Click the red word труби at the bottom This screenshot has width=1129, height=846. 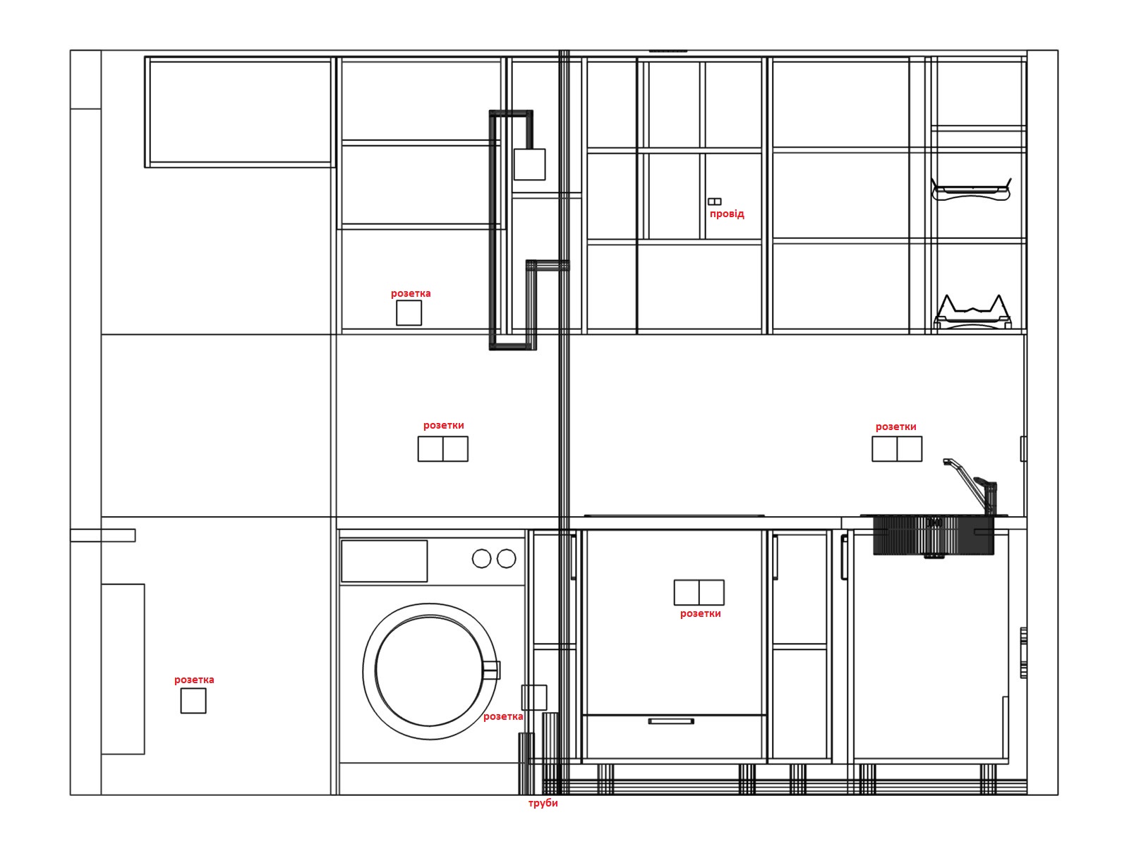[x=543, y=804]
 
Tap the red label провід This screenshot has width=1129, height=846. [x=726, y=214]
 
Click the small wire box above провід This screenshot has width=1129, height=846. [x=714, y=202]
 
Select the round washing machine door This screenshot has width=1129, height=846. [x=430, y=671]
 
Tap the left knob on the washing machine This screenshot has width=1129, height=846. [x=481, y=558]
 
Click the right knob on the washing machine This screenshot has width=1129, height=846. [x=506, y=558]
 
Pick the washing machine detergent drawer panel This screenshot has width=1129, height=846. [x=385, y=561]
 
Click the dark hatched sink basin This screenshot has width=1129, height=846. [x=933, y=537]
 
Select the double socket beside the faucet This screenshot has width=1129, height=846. [x=897, y=449]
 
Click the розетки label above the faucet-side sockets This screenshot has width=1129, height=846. [x=895, y=427]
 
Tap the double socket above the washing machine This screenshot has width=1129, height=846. [x=443, y=449]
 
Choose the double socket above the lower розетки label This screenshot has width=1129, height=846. [x=699, y=593]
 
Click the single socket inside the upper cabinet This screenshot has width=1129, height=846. [x=409, y=313]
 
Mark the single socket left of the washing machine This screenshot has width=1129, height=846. [x=193, y=701]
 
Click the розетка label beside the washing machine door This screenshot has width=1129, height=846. [x=503, y=717]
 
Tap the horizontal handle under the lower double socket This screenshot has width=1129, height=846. [x=671, y=722]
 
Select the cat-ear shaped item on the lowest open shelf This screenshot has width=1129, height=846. [x=972, y=312]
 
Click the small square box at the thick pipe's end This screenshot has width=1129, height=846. [x=530, y=164]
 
